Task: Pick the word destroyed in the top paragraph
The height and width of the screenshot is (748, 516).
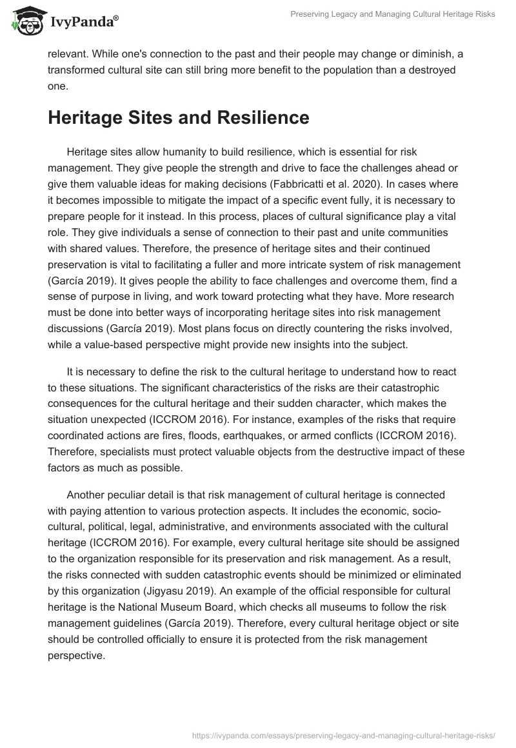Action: coord(433,70)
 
